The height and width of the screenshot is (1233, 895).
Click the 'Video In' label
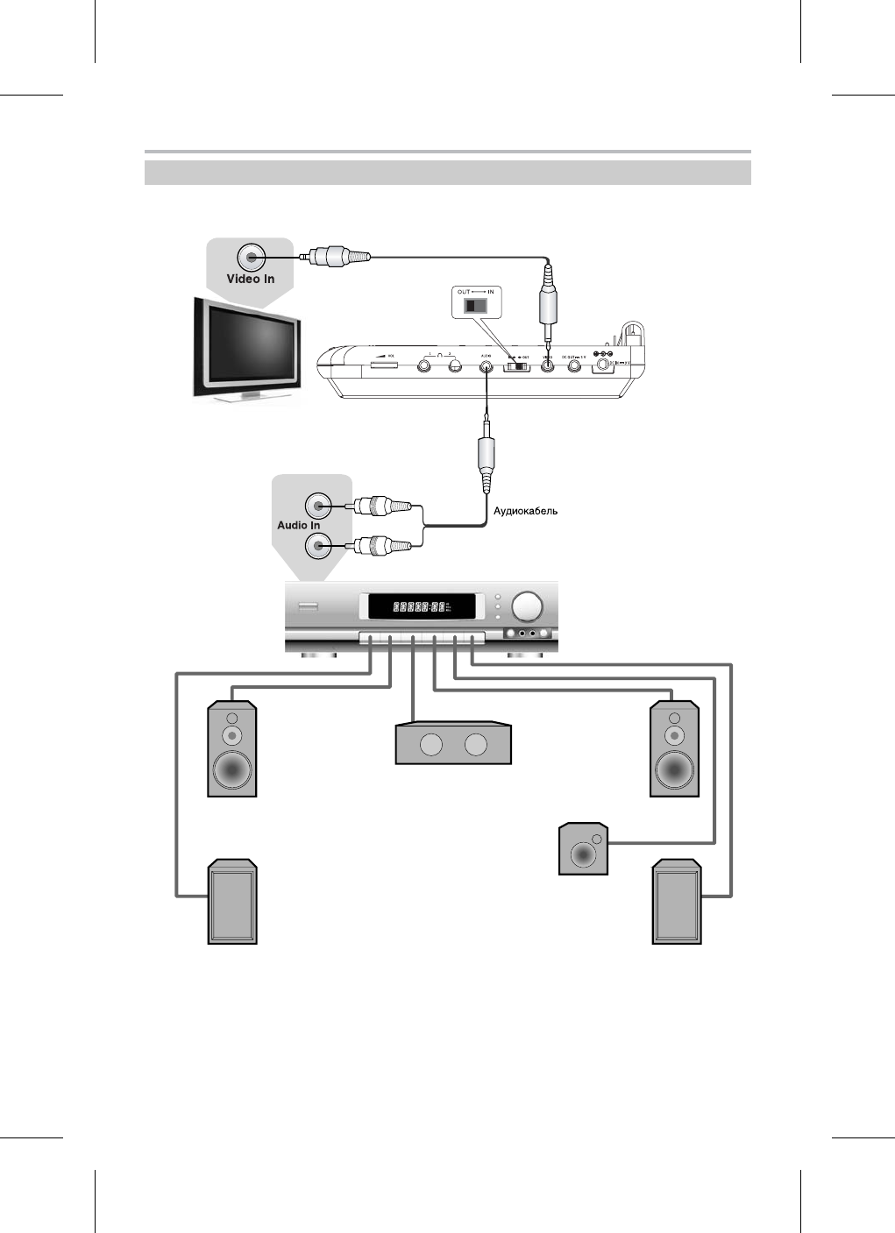click(251, 279)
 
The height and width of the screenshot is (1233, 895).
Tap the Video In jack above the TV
click(252, 257)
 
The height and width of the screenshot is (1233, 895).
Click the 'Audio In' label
click(298, 525)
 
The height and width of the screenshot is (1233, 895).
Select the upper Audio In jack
click(317, 506)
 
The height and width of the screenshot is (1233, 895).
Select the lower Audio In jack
click(317, 548)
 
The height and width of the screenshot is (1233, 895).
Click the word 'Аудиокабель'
click(526, 511)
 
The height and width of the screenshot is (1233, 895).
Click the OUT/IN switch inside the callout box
click(474, 306)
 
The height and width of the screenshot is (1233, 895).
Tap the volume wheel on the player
click(382, 363)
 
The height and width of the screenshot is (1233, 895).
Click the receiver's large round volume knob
click(528, 606)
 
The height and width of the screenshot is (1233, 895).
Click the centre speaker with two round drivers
click(453, 744)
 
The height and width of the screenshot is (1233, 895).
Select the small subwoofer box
click(584, 848)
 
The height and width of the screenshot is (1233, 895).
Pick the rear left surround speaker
click(232, 902)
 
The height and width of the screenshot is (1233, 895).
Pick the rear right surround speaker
click(677, 902)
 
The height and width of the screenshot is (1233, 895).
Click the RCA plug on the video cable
click(339, 257)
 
